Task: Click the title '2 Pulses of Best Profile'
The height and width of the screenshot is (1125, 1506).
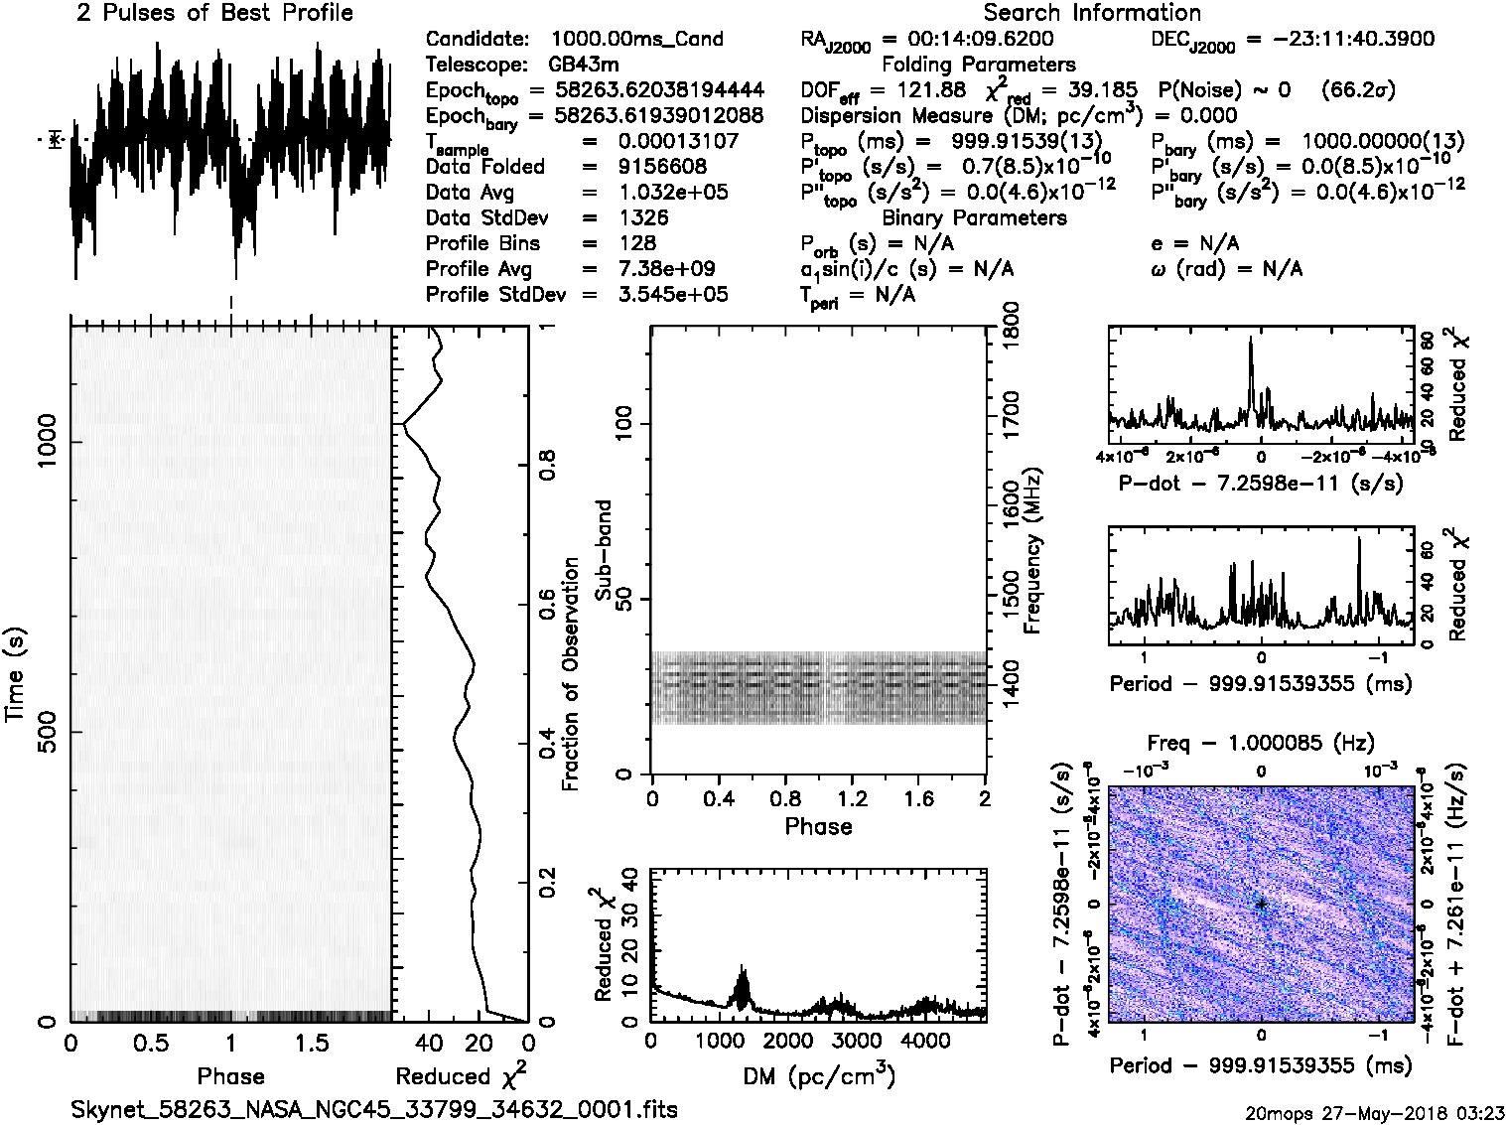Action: [x=213, y=13]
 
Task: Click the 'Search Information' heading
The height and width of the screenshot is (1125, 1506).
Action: [x=1091, y=13]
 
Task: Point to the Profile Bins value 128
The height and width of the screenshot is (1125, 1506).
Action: [x=636, y=243]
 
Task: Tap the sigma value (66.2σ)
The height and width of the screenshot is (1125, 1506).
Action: [x=1358, y=90]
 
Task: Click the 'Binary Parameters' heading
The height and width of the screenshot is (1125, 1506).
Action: [x=974, y=217]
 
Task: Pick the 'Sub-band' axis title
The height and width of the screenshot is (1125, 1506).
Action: [x=603, y=549]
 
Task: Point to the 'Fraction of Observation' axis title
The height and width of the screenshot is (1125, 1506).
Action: [x=570, y=673]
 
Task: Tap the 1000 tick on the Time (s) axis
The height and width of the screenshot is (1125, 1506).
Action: [x=47, y=441]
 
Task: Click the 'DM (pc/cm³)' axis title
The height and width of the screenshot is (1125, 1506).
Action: [x=818, y=1075]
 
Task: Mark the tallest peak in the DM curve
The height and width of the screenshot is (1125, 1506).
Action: [x=742, y=967]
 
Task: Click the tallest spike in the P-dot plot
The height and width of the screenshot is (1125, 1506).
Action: [x=1251, y=341]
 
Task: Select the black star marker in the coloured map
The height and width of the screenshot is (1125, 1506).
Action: [x=1261, y=904]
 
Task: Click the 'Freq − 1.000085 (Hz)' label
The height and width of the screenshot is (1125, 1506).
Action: [x=1260, y=743]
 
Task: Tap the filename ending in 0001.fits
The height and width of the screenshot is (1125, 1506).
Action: [x=374, y=1109]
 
